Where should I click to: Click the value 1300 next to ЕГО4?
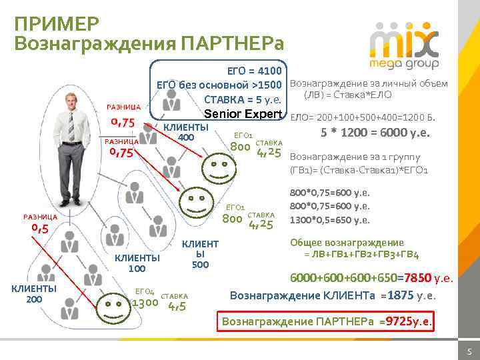click(145, 304)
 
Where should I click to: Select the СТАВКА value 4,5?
click(176, 307)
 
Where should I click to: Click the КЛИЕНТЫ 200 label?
click(33, 293)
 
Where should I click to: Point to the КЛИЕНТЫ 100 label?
click(137, 263)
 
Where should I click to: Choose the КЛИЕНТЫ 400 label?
click(186, 133)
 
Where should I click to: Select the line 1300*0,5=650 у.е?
click(330, 220)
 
